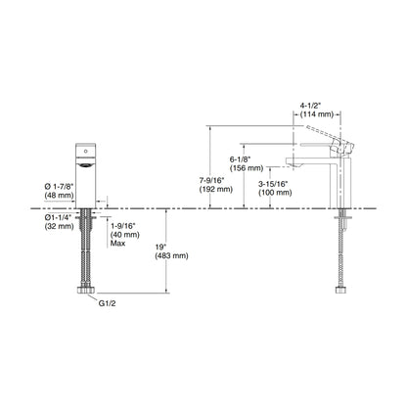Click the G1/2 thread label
tap(107, 303)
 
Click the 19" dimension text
tap(160, 247)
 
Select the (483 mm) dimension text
tap(171, 255)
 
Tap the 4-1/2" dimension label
tap(311, 106)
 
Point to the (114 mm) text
tap(317, 114)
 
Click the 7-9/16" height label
tap(212, 180)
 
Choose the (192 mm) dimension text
tap(216, 189)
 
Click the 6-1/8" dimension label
tap(240, 159)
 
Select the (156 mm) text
tap(247, 168)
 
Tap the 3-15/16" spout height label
tap(273, 184)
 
